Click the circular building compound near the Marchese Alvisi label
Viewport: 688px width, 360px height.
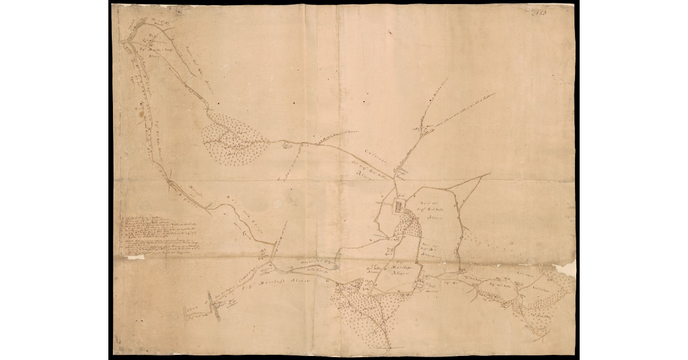point(420,282)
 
